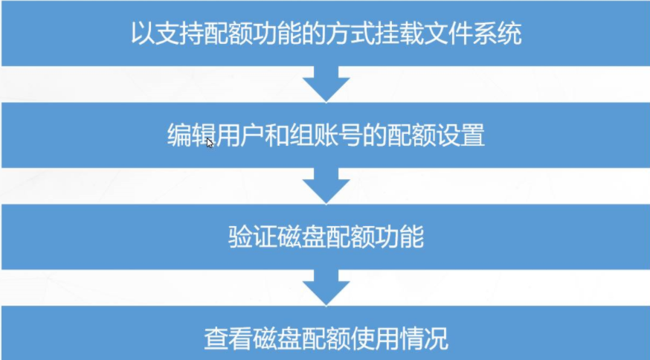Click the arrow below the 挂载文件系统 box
[326, 83]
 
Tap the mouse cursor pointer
[210, 143]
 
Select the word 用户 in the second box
[228, 137]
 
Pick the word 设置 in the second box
[460, 137]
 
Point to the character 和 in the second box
[266, 137]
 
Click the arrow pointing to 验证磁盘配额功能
[326, 185]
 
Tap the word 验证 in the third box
[252, 238]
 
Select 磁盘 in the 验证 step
[301, 238]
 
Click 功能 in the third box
[399, 238]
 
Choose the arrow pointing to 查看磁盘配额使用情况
[326, 287]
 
